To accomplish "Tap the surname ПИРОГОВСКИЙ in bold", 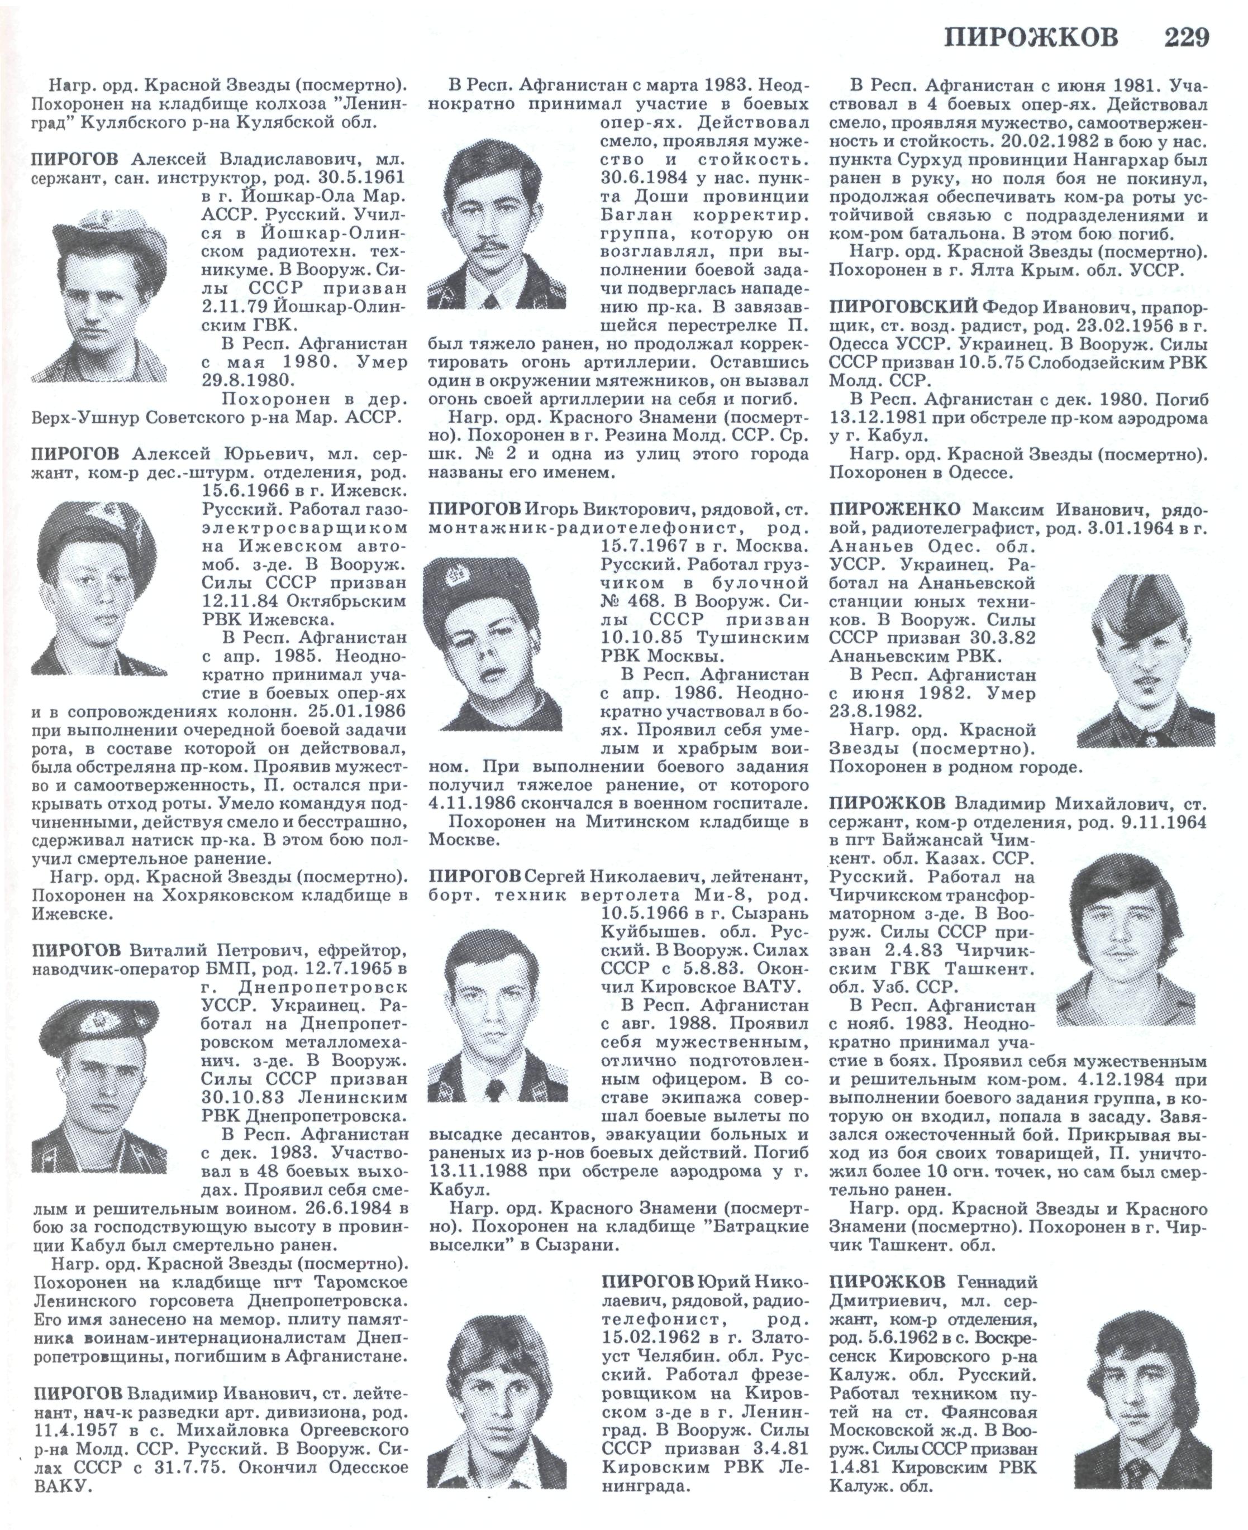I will click(902, 307).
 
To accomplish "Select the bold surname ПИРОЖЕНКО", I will click(894, 509).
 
